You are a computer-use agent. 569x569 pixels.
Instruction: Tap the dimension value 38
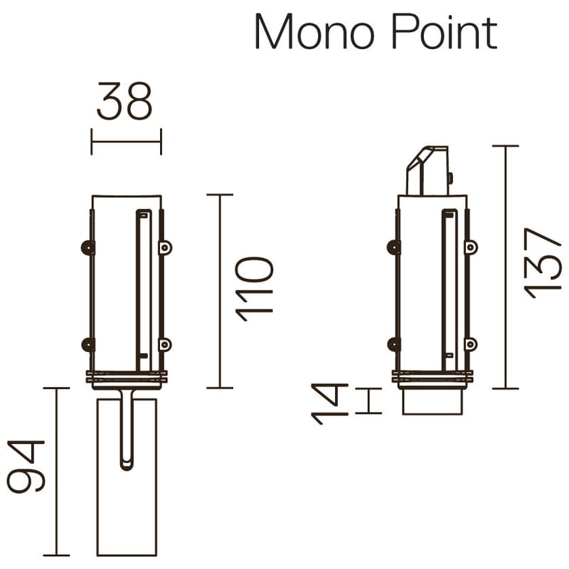(125, 102)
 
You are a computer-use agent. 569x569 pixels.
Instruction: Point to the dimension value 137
(543, 262)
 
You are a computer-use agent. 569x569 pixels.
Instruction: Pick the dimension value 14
(329, 403)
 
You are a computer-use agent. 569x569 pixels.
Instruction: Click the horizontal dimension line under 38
(127, 141)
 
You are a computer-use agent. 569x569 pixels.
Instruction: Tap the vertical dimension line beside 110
(220, 291)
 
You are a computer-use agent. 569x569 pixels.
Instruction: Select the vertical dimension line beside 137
(505, 267)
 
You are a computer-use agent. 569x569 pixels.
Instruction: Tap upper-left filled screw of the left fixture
(87, 247)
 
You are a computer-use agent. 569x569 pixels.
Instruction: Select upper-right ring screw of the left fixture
(165, 247)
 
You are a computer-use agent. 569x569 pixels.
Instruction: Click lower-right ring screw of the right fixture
(470, 344)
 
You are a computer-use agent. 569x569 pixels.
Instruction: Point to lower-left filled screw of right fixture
(393, 344)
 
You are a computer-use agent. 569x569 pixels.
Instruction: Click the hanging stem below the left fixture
(127, 430)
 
